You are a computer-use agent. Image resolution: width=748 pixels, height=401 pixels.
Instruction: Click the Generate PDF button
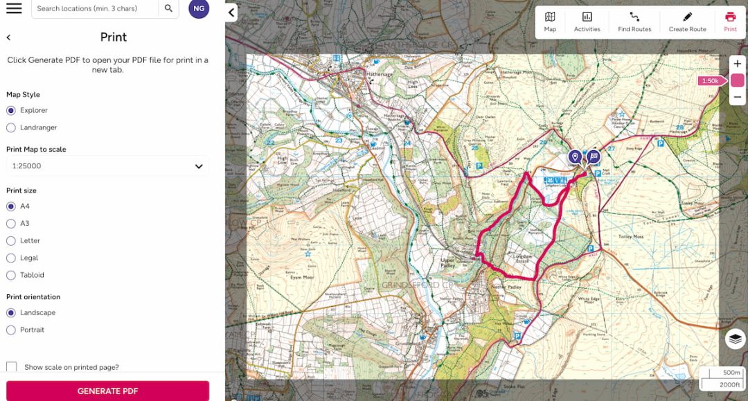tap(107, 391)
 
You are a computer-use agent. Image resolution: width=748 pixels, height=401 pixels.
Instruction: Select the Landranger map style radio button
tap(11, 127)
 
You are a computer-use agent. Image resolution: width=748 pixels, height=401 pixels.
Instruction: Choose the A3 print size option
tap(11, 224)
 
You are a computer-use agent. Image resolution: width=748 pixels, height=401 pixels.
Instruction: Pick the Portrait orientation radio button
tap(11, 330)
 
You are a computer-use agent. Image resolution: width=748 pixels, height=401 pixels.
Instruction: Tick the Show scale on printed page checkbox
tap(12, 367)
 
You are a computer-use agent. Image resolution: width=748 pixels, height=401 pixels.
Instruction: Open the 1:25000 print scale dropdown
tap(107, 166)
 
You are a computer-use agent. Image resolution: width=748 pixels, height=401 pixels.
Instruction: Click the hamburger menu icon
tap(14, 8)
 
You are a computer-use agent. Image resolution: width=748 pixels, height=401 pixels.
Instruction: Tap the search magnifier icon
tap(168, 8)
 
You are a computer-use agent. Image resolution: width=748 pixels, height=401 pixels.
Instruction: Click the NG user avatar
tap(199, 8)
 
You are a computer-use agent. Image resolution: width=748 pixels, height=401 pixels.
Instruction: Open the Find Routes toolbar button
tap(634, 21)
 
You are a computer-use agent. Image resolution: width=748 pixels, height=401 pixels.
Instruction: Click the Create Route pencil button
tap(687, 21)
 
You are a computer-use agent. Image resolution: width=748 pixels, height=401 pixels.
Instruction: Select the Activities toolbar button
tap(587, 21)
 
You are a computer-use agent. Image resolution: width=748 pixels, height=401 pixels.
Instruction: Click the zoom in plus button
tap(737, 64)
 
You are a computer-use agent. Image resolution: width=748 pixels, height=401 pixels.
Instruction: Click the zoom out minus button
tap(737, 98)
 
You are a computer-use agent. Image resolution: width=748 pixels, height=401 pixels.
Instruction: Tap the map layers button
tap(736, 339)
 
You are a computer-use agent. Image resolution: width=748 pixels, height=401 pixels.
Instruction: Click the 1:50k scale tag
tap(711, 81)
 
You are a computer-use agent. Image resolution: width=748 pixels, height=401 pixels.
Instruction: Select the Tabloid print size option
tap(11, 275)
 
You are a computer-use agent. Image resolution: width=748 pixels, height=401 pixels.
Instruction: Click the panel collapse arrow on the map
tap(231, 12)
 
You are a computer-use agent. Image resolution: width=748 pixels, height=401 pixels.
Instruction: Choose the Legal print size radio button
tap(11, 258)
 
